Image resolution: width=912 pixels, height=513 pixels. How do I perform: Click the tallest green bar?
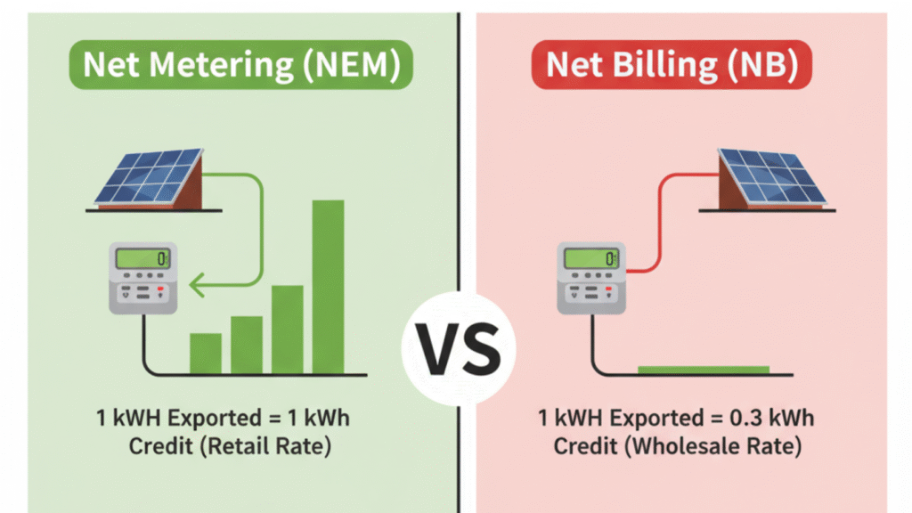[x=327, y=287]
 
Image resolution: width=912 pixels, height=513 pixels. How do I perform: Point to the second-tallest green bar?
[x=287, y=329]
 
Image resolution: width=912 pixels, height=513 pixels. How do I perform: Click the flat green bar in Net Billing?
[x=703, y=369]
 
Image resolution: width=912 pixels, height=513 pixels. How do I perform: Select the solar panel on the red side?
[x=770, y=179]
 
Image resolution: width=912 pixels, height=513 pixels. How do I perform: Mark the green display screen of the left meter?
[x=140, y=259]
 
